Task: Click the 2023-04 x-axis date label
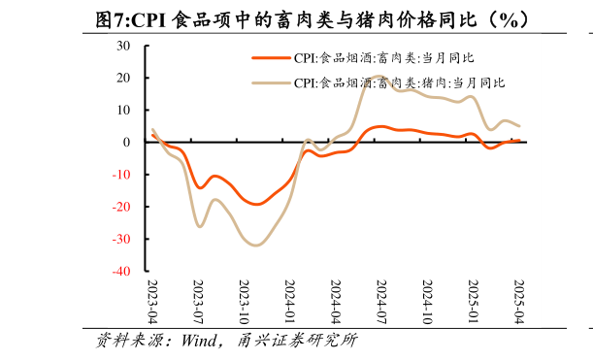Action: (152, 303)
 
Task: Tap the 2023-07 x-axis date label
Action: (199, 303)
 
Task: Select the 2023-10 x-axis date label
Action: (245, 303)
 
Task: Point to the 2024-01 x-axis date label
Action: (290, 303)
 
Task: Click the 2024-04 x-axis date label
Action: (336, 303)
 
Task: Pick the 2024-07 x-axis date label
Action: (381, 303)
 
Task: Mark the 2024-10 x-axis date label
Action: (428, 303)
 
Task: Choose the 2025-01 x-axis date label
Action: (474, 303)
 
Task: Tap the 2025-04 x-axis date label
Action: (519, 303)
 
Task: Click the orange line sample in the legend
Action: (271, 58)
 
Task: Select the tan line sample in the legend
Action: (271, 83)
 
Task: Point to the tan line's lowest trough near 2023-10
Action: (255, 245)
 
